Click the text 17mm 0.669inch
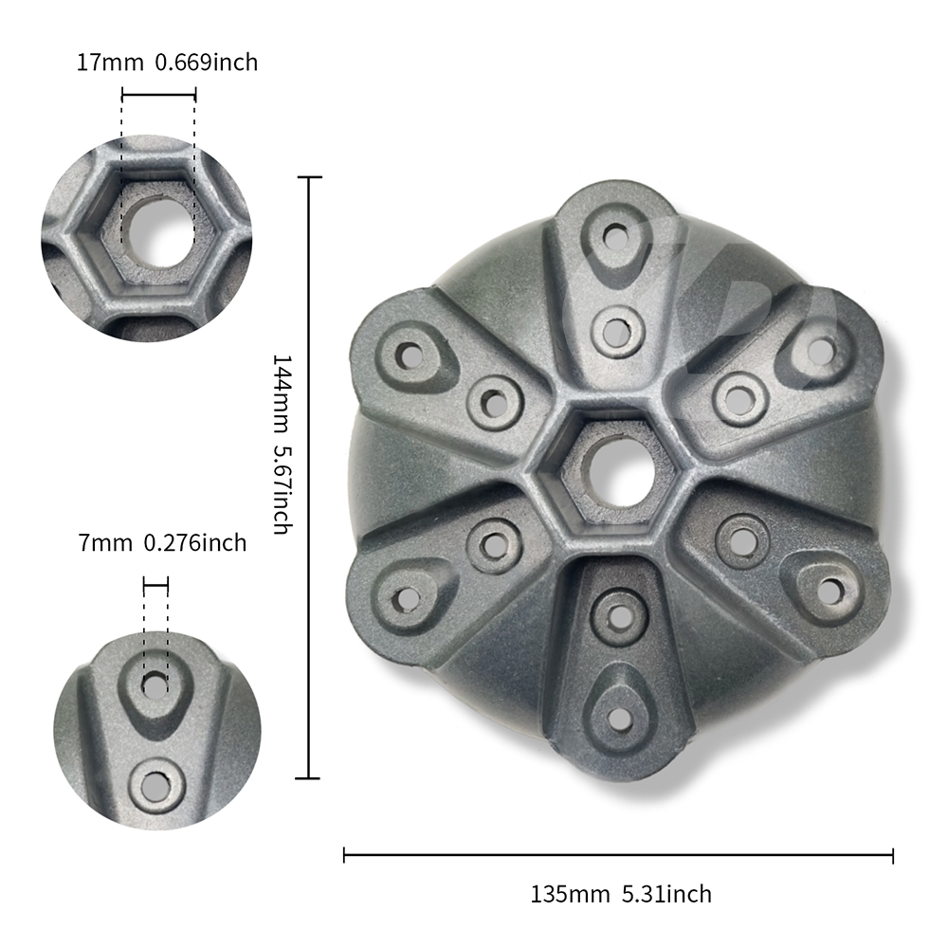click(x=167, y=63)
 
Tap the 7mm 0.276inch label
click(x=163, y=542)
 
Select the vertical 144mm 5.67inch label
click(x=283, y=445)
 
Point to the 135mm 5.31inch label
click(x=621, y=894)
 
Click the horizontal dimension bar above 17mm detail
click(x=159, y=94)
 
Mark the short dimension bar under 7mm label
click(x=155, y=585)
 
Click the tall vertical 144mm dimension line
click(x=309, y=478)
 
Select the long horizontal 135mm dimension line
click(x=618, y=855)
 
